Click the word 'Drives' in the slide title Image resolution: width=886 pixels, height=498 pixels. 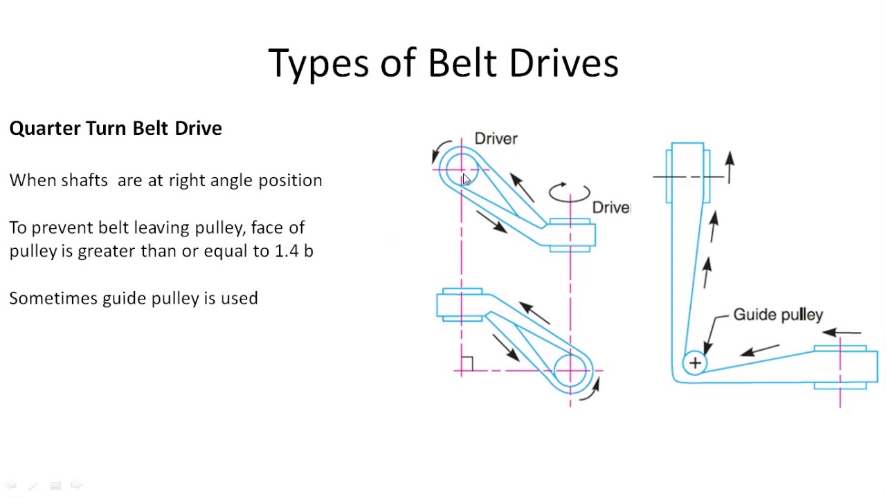(x=563, y=63)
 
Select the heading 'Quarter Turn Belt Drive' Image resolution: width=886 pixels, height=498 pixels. (x=116, y=129)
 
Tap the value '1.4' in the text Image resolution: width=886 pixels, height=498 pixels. (x=287, y=251)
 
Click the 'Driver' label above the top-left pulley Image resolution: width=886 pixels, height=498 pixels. (x=496, y=139)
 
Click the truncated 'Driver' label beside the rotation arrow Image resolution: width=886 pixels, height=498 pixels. (x=611, y=207)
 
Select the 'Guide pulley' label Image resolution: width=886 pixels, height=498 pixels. (x=777, y=315)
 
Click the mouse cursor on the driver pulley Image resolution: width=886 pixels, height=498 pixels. (x=467, y=179)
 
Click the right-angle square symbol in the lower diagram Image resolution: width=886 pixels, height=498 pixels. (x=467, y=363)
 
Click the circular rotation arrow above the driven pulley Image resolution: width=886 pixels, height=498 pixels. (x=569, y=192)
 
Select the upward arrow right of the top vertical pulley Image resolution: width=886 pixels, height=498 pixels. (x=730, y=167)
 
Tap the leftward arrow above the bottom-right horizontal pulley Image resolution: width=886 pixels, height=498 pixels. (x=841, y=333)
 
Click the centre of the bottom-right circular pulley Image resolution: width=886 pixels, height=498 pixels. (x=570, y=371)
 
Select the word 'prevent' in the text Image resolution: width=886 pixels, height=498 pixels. (x=62, y=228)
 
